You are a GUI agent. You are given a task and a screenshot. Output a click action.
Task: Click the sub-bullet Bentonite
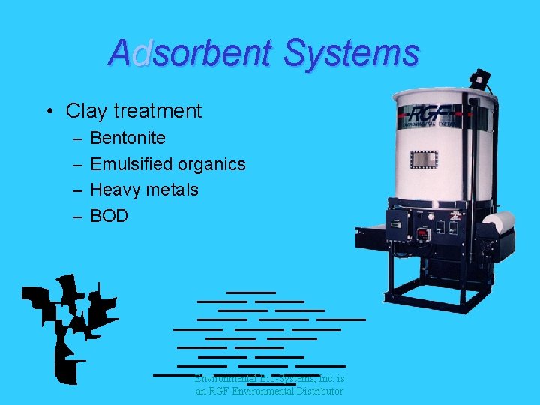pos(127,138)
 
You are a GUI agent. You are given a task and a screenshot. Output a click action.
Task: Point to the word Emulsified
pos(131,164)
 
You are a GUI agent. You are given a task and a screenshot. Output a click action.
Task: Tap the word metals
pos(172,190)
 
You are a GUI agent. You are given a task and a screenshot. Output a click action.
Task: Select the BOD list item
pos(109,216)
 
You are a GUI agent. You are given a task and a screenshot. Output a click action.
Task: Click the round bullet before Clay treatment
pos(47,112)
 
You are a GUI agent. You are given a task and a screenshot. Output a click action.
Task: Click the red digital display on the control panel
pos(423,233)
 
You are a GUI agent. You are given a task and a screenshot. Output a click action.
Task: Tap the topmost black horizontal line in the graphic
pos(251,291)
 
